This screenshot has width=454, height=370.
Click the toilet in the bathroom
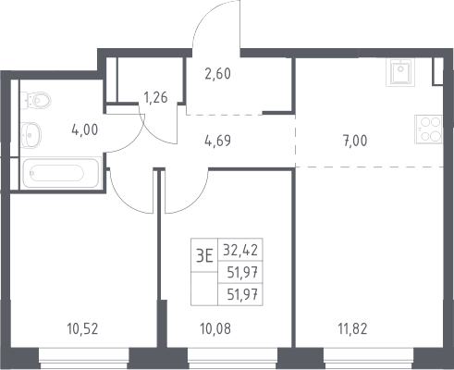point(35,100)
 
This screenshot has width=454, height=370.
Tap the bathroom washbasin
point(31,135)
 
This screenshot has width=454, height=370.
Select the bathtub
point(61,173)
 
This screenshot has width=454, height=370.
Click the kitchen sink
point(400,72)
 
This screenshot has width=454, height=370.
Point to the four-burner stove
point(428,129)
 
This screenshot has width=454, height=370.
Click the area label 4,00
point(85,129)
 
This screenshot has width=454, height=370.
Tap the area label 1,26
point(155,97)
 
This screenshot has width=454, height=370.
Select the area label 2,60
point(217,74)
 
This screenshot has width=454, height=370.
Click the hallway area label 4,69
point(217,141)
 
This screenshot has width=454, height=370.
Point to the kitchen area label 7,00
point(355,141)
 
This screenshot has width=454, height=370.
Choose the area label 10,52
point(82,329)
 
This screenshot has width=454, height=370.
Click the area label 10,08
point(215,329)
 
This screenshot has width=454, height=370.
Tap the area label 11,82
point(353,329)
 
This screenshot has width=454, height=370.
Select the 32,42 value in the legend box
point(240,250)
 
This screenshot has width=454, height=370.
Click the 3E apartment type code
point(204,255)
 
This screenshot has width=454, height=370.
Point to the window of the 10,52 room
point(84,359)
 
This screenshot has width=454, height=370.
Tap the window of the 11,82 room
point(368,359)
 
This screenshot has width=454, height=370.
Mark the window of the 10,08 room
point(233,359)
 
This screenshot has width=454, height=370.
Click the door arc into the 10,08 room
point(196,202)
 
